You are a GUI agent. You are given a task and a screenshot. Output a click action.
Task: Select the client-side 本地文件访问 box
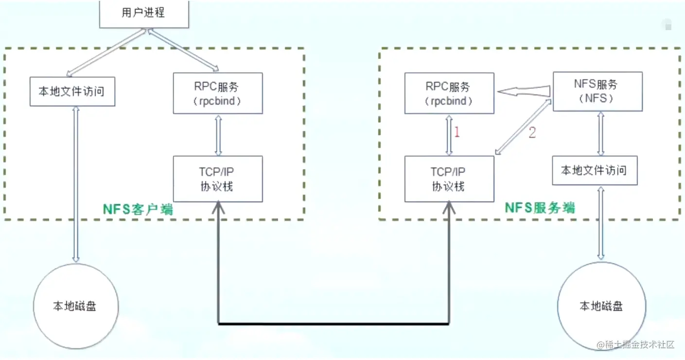click(71, 91)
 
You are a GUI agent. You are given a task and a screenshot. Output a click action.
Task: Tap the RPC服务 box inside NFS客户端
click(218, 93)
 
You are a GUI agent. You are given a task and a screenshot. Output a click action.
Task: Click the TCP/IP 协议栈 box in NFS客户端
click(218, 179)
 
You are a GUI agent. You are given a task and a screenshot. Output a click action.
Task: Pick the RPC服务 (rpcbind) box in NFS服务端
click(449, 93)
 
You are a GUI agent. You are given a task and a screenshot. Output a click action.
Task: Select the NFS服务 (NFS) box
click(597, 91)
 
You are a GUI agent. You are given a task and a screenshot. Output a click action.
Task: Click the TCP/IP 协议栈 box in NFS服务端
click(449, 179)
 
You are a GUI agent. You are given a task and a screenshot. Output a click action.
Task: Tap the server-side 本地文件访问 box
click(594, 171)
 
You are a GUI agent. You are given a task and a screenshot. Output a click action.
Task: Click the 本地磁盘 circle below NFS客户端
click(75, 306)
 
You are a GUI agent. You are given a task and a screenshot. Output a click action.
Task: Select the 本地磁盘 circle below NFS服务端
click(601, 306)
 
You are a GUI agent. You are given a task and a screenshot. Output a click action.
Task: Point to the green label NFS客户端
click(139, 210)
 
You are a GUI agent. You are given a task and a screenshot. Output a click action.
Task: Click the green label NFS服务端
click(540, 208)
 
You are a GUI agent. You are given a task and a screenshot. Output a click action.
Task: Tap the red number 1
click(457, 132)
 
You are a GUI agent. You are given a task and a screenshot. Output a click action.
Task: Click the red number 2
click(532, 132)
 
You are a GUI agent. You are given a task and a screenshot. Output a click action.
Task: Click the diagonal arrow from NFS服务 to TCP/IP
click(523, 127)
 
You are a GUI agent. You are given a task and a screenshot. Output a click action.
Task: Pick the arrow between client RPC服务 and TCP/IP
click(218, 135)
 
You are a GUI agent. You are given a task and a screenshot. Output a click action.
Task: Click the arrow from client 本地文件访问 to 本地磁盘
click(75, 185)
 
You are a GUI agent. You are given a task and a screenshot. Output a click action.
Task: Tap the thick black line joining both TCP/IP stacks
click(333, 323)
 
